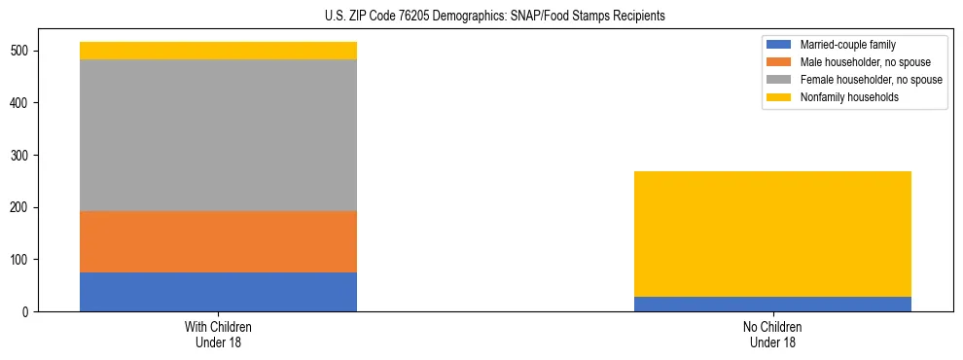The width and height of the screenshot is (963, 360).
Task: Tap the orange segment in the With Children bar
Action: point(218,241)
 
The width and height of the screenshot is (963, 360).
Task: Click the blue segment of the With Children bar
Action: point(218,292)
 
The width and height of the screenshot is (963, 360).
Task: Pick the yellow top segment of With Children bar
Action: point(218,51)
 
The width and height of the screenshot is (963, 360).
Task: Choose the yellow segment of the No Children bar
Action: point(772,234)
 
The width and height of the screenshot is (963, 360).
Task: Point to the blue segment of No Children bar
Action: point(772,304)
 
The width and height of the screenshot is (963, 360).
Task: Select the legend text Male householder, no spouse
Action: point(865,62)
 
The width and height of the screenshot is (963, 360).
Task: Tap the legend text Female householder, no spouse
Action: point(871,80)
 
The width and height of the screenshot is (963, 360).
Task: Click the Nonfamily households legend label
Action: point(849,97)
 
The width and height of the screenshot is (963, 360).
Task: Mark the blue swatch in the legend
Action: point(779,45)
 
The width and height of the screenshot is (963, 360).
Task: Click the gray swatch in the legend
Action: point(779,80)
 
